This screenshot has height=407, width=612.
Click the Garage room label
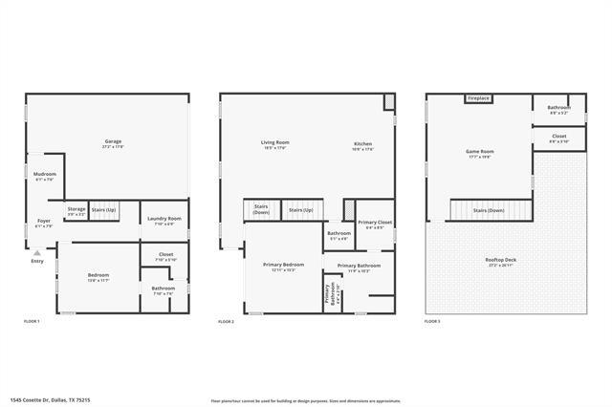click(x=113, y=143)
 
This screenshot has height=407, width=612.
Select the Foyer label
click(x=44, y=223)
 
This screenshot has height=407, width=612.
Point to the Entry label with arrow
click(x=37, y=260)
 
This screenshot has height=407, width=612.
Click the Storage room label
click(x=76, y=210)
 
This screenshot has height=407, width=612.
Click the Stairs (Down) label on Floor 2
click(x=261, y=209)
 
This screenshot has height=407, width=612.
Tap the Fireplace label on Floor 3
click(x=479, y=98)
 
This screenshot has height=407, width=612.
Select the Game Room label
click(x=479, y=154)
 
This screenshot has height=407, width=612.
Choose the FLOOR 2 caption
click(x=227, y=322)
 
